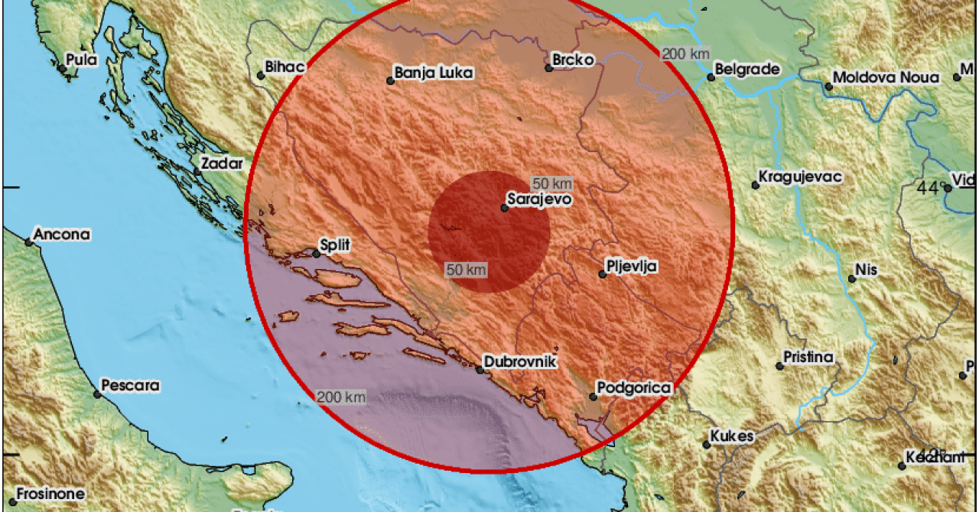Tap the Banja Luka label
[x=434, y=73]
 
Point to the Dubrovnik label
[x=522, y=362]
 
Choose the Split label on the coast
[x=336, y=245]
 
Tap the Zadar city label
[x=222, y=163]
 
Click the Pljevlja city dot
[x=603, y=274]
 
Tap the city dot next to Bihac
[x=261, y=76]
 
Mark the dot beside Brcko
[x=549, y=68]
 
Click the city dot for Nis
[x=851, y=278]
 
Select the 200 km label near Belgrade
[x=685, y=53]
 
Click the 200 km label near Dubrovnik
[x=340, y=397]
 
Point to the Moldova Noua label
[x=886, y=78]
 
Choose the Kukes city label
[x=732, y=436]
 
